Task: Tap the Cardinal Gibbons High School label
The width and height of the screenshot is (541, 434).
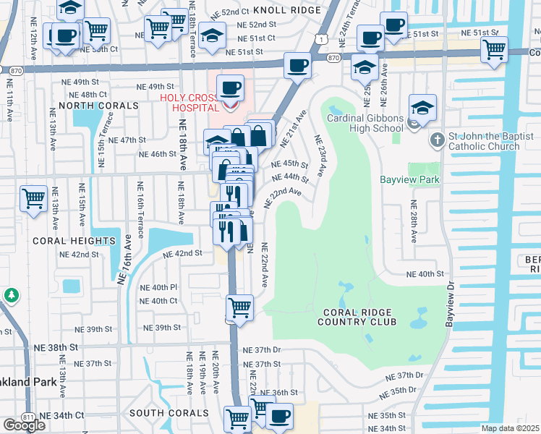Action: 365,123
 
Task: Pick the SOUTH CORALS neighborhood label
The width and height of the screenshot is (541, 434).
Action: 169,412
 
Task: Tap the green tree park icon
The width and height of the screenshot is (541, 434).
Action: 11,295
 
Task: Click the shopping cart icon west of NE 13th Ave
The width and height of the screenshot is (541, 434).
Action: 34,198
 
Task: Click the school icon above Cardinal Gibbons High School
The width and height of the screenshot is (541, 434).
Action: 422,108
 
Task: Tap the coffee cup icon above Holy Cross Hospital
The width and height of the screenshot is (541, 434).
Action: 231,88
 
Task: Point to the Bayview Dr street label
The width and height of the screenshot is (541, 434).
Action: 449,305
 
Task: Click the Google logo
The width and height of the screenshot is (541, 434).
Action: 24,425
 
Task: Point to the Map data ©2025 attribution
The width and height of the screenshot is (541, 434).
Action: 510,428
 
